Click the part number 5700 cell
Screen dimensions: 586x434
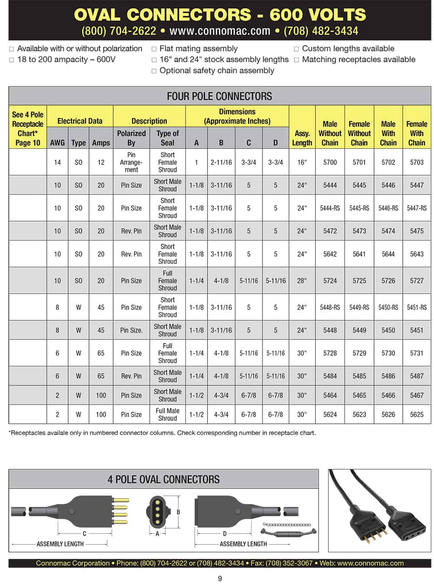point(330,162)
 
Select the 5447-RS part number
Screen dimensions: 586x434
point(417,208)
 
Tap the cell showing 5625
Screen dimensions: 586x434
point(417,414)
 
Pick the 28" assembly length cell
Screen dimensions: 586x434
point(302,281)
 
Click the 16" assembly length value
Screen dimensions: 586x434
point(302,162)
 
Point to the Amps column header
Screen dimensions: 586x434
point(101,143)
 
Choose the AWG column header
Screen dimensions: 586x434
point(57,143)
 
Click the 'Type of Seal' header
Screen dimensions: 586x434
point(168,138)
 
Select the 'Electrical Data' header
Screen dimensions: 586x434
point(80,121)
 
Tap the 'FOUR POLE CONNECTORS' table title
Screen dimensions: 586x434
point(219,96)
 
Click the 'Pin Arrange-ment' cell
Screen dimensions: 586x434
point(131,162)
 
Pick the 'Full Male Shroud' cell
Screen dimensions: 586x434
point(168,414)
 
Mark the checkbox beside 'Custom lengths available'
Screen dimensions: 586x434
point(296,49)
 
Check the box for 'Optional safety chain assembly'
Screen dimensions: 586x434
point(154,71)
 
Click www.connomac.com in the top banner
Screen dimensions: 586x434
point(220,31)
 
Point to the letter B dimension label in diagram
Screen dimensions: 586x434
point(178,512)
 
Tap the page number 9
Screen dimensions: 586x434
point(220,578)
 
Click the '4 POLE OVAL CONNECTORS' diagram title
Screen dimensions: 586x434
point(163,479)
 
